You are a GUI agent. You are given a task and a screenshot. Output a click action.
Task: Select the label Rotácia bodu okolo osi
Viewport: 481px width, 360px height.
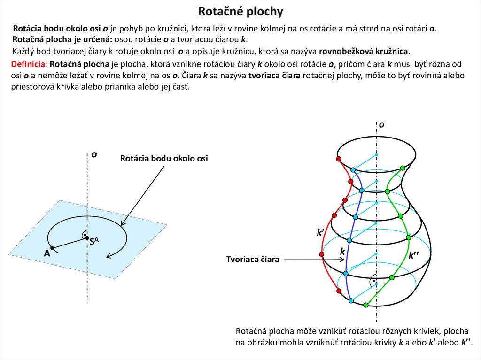tap(163, 159)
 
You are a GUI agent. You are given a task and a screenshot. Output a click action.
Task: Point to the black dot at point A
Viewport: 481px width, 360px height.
tap(53, 248)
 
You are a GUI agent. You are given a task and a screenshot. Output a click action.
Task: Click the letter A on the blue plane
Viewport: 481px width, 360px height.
tap(47, 253)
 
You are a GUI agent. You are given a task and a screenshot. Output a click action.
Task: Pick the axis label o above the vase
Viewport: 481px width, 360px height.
tap(381, 124)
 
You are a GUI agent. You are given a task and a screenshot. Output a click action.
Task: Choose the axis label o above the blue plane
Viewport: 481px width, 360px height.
tap(94, 154)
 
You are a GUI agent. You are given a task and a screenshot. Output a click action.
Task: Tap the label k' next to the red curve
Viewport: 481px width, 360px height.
tap(321, 232)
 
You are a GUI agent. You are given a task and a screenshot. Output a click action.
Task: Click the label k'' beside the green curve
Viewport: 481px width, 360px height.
tap(414, 255)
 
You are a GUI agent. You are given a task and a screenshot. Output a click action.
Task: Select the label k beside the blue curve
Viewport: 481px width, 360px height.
tap(342, 252)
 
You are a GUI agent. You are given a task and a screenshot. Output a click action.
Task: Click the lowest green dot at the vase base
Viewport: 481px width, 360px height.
tap(366, 305)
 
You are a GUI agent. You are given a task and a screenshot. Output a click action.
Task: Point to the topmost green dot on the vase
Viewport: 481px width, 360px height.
tap(402, 168)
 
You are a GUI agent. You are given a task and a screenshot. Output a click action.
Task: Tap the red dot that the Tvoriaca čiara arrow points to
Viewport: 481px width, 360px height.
tap(322, 254)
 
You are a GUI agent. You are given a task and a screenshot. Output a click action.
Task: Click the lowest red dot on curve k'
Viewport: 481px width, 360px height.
tap(339, 291)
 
